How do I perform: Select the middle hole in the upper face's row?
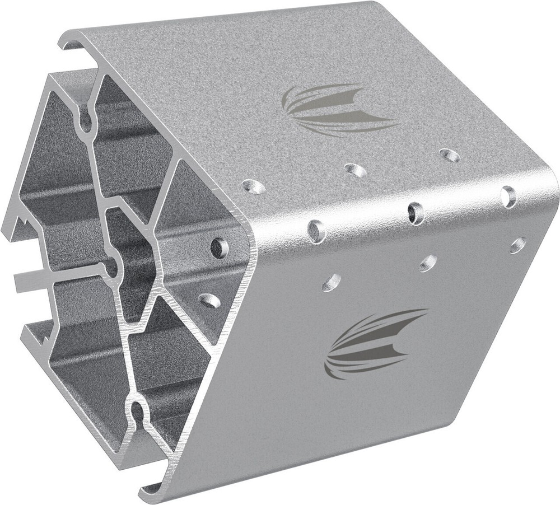click(x=354, y=169)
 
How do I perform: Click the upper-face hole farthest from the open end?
click(x=449, y=155)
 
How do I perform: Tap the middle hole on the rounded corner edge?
click(x=416, y=213)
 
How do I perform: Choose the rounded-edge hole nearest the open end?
click(x=317, y=231)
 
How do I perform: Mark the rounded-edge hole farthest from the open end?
click(x=509, y=196)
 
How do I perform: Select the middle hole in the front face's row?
click(x=428, y=262)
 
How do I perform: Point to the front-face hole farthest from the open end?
click(x=518, y=245)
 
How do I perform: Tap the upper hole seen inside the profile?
click(x=220, y=247)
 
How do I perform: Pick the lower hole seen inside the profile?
click(x=210, y=300)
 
